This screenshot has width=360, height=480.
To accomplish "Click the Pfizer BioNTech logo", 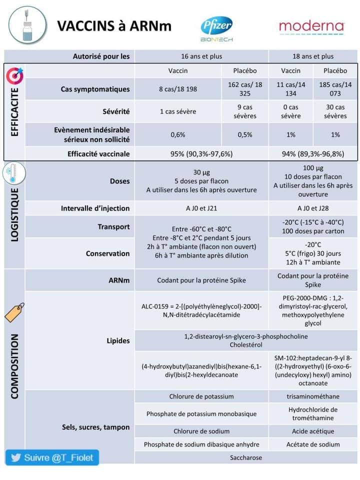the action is (216, 28).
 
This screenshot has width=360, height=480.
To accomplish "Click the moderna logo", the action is (311, 26).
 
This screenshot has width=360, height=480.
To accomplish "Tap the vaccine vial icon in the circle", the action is (27, 24).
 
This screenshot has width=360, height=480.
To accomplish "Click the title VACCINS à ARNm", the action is (114, 26).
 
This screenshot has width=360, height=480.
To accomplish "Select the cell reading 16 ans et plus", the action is (201, 56).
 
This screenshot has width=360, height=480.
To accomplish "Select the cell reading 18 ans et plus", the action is (313, 56).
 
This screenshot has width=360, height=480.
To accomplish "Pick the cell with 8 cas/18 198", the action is (178, 89).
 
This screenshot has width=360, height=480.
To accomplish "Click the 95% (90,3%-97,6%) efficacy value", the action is (201, 153).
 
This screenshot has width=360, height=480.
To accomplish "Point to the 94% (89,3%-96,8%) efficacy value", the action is (313, 153).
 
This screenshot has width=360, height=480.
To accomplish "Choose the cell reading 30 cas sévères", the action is (335, 111).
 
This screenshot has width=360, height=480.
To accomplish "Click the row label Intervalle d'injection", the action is (95, 208).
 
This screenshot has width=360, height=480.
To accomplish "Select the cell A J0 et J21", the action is (201, 208).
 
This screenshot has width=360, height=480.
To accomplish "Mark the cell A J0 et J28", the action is (313, 208).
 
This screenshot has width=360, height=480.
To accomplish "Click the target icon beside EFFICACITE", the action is (14, 76).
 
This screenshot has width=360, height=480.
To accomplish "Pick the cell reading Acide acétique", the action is (313, 431).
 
